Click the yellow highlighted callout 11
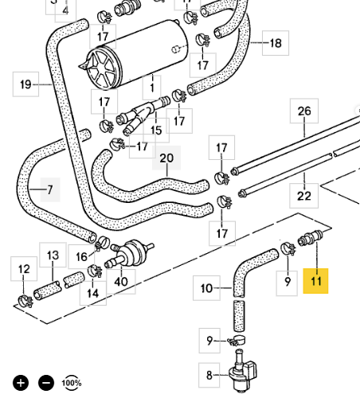tap(315, 281)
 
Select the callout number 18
tap(276, 43)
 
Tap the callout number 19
tap(25, 84)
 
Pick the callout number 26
tap(304, 111)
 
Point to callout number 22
tap(303, 196)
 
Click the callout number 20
tap(166, 158)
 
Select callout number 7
tap(50, 189)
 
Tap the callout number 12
tap(24, 269)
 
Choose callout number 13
tap(53, 255)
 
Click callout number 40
tap(121, 282)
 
